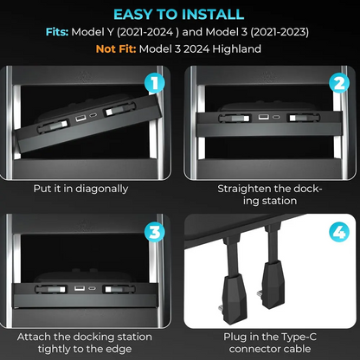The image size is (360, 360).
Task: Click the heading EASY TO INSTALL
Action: click(x=180, y=15)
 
